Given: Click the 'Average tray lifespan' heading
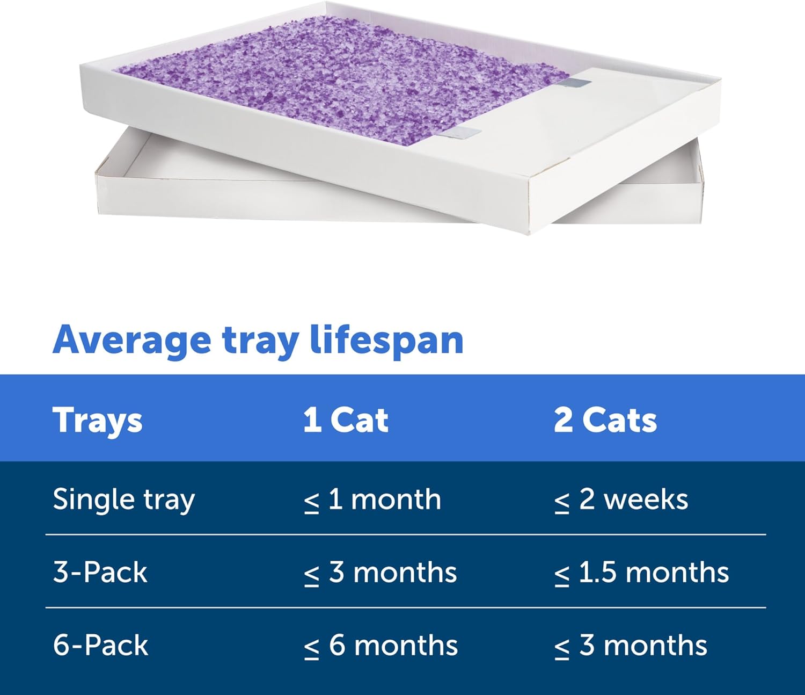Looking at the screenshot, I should (x=258, y=341).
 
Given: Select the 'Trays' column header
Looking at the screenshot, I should (x=98, y=419).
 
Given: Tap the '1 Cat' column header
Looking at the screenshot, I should (x=346, y=419).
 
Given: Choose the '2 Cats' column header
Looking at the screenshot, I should (x=605, y=419).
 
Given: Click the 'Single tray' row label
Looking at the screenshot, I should (x=123, y=499).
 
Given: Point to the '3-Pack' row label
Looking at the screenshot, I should (x=100, y=572).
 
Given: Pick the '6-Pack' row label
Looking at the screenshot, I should (x=100, y=645).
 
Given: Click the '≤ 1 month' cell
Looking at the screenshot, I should (x=372, y=499).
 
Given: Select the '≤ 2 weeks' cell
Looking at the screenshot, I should (x=621, y=499).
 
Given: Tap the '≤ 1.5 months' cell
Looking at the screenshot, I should (x=641, y=573).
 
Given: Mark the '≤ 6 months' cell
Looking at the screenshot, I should (x=380, y=645).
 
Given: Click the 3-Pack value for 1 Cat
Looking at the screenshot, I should (x=380, y=573).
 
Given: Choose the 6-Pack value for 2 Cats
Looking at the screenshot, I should (x=631, y=645).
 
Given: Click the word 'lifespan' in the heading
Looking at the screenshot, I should (x=386, y=341).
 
